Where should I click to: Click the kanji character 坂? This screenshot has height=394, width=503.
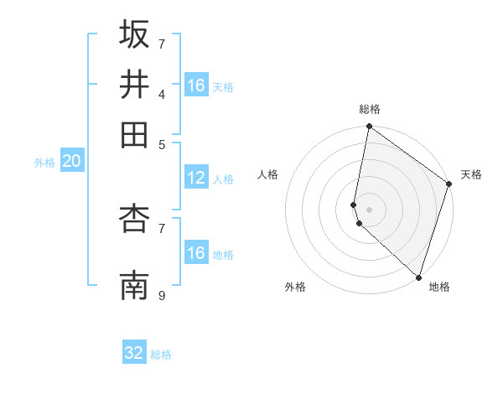[134, 34]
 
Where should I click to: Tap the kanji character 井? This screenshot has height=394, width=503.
[134, 84]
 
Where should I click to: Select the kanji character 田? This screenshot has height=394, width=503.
[134, 134]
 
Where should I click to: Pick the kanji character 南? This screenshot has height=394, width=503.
[134, 286]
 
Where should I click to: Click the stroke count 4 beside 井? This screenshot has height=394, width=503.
[163, 94]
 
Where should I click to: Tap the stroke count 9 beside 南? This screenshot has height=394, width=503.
[163, 295]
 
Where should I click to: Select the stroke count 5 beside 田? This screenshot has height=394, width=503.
[163, 143]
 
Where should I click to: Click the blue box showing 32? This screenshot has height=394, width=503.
[134, 353]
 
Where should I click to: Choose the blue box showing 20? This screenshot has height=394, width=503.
[71, 162]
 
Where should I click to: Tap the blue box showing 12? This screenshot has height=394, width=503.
[196, 178]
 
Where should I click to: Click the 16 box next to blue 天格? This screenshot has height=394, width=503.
[196, 86]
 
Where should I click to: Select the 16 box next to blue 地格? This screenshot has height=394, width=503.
[196, 253]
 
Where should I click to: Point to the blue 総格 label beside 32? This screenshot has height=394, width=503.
[161, 355]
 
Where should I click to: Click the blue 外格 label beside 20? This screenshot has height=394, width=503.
[44, 163]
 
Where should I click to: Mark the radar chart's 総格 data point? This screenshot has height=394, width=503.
[369, 127]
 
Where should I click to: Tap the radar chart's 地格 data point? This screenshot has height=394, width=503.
[418, 277]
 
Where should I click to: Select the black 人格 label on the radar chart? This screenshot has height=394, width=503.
[268, 174]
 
